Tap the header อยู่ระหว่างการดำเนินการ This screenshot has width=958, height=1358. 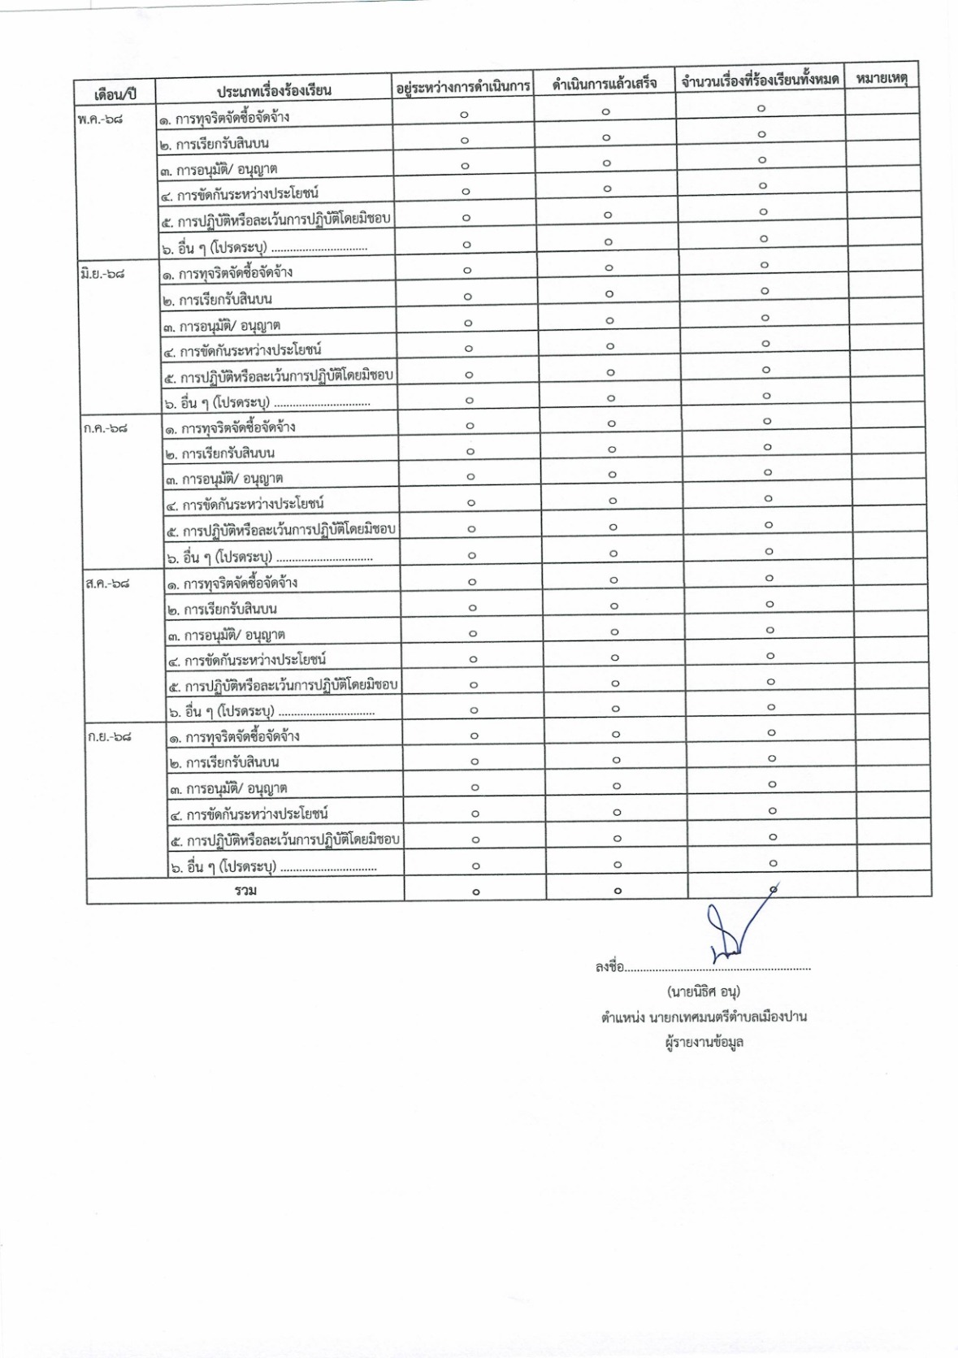coord(462,86)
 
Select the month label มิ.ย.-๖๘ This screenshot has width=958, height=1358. coord(103,274)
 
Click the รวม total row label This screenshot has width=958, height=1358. coord(245,891)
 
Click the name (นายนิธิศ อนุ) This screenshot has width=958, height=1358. coord(703,991)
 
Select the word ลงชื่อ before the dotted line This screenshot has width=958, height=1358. coord(609,967)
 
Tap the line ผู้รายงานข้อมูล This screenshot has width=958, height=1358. coord(703,1042)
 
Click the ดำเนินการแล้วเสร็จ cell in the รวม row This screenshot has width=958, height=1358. coord(618,891)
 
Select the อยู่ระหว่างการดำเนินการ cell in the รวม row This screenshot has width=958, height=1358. coord(475,892)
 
